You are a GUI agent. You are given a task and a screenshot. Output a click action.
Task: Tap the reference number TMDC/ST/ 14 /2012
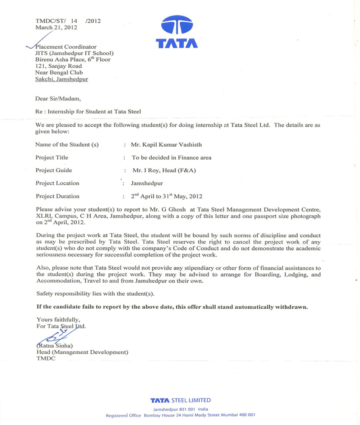68,21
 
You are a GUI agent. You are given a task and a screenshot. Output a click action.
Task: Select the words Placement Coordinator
66,46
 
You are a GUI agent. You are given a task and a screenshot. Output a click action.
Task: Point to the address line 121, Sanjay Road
59,66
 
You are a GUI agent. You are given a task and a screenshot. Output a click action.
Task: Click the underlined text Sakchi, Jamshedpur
61,79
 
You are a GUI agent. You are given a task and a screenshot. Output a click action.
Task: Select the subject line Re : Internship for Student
88,112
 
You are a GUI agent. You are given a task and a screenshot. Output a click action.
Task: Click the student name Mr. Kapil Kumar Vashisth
162,144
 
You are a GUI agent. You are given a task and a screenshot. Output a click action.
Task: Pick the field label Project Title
52,157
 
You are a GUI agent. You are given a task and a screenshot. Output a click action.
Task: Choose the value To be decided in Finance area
172,157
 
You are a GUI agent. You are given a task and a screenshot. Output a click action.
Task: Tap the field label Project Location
57,183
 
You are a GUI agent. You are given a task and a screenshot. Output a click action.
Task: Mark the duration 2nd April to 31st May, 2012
167,196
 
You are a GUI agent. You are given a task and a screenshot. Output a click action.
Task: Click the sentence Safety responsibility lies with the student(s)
95,294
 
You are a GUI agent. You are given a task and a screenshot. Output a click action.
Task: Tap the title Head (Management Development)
82,352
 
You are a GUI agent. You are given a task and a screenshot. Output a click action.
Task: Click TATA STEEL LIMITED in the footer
180,400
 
